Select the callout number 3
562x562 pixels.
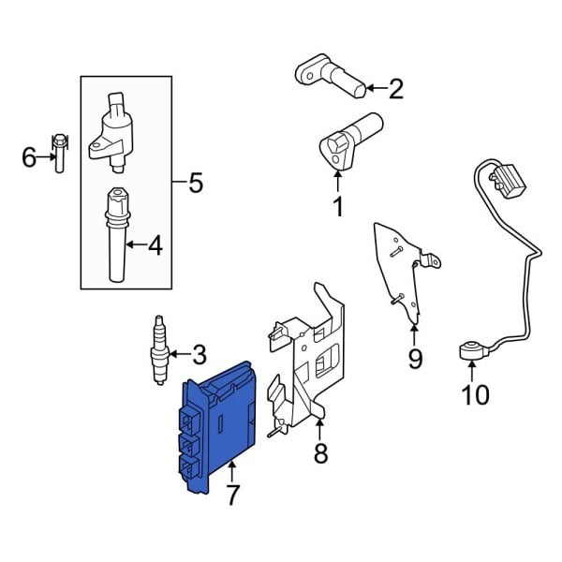pyautogui.click(x=198, y=355)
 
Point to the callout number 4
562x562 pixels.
pyautogui.click(x=155, y=246)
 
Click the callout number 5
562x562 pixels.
pyautogui.click(x=195, y=183)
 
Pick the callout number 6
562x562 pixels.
pyautogui.click(x=29, y=157)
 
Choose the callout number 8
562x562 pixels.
pyautogui.click(x=319, y=456)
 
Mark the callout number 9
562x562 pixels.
pyautogui.click(x=415, y=357)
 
